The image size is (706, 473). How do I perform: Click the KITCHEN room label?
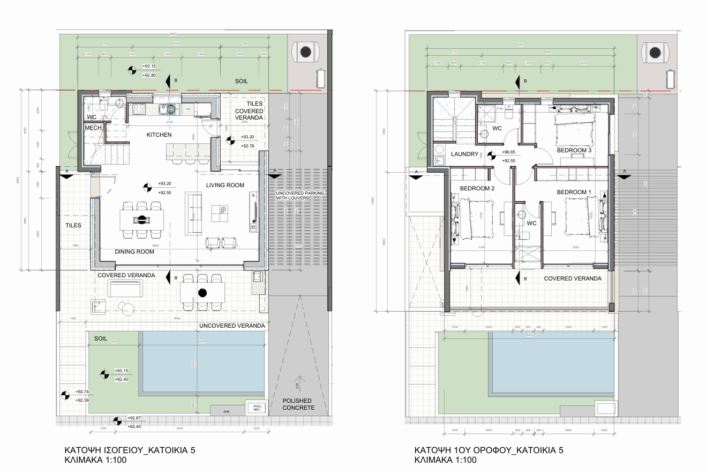coord(159,135)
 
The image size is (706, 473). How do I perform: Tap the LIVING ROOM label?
coord(225,186)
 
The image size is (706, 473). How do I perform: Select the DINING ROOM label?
coord(134,252)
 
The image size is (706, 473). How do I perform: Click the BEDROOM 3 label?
coord(574,151)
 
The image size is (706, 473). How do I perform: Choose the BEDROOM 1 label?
coord(574,192)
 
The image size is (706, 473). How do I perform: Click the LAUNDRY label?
coord(464,154)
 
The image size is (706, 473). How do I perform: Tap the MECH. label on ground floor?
coord(94,128)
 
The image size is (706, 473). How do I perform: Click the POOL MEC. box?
coord(255,407)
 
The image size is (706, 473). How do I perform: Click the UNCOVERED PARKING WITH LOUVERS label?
coord(301,195)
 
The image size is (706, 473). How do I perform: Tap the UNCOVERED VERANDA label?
coord(232,326)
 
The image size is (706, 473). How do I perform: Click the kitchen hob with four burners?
coord(139,109)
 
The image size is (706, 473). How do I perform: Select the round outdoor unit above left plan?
coord(305,52)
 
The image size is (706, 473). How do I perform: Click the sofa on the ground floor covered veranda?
coord(125,289)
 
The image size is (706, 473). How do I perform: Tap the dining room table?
coord(142,219)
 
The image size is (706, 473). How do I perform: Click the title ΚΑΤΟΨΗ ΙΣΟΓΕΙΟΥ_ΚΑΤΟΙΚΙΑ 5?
coord(130,450)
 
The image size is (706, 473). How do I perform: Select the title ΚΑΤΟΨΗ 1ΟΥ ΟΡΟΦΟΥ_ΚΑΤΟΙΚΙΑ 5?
coord(488,450)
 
